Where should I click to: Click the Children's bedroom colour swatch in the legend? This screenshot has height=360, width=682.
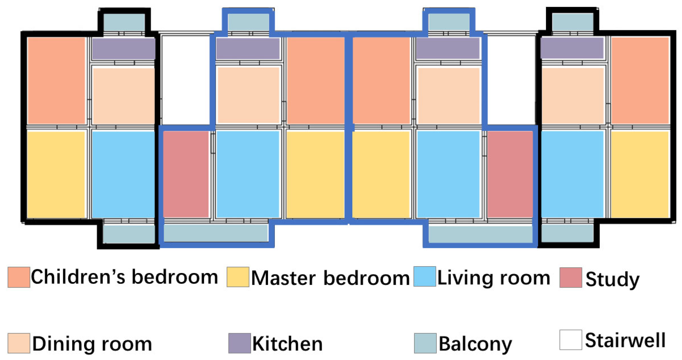(x=19, y=277)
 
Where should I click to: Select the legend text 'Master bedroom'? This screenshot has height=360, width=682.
(x=330, y=278)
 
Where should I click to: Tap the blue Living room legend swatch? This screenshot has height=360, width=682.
(x=424, y=277)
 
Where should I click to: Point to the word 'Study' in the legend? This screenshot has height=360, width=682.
(x=612, y=279)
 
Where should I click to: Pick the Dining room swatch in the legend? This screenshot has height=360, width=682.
(x=19, y=343)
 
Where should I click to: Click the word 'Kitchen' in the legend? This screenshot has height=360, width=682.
(x=287, y=343)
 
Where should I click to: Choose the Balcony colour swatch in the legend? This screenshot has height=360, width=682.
(x=425, y=343)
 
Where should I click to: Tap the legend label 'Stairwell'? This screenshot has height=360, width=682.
(x=625, y=340)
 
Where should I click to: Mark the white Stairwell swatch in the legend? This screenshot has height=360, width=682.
(x=571, y=340)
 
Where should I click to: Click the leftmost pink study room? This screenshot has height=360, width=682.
(x=186, y=174)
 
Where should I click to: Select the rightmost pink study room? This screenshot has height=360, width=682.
(x=510, y=174)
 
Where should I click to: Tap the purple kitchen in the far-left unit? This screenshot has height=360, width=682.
(x=123, y=49)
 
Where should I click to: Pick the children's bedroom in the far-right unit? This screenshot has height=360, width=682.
(x=640, y=80)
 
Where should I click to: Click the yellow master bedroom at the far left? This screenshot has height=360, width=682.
(x=56, y=174)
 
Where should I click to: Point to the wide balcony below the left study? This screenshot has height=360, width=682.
(x=215, y=233)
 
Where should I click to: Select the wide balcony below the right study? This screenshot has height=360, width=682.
(x=480, y=234)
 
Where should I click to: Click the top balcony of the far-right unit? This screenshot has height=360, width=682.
(x=572, y=22)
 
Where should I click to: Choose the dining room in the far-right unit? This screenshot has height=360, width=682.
(x=572, y=96)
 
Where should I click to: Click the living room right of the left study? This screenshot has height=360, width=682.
(x=248, y=174)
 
